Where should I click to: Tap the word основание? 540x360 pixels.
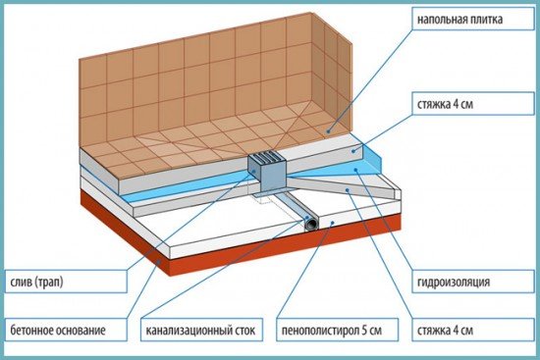point(81,331)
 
